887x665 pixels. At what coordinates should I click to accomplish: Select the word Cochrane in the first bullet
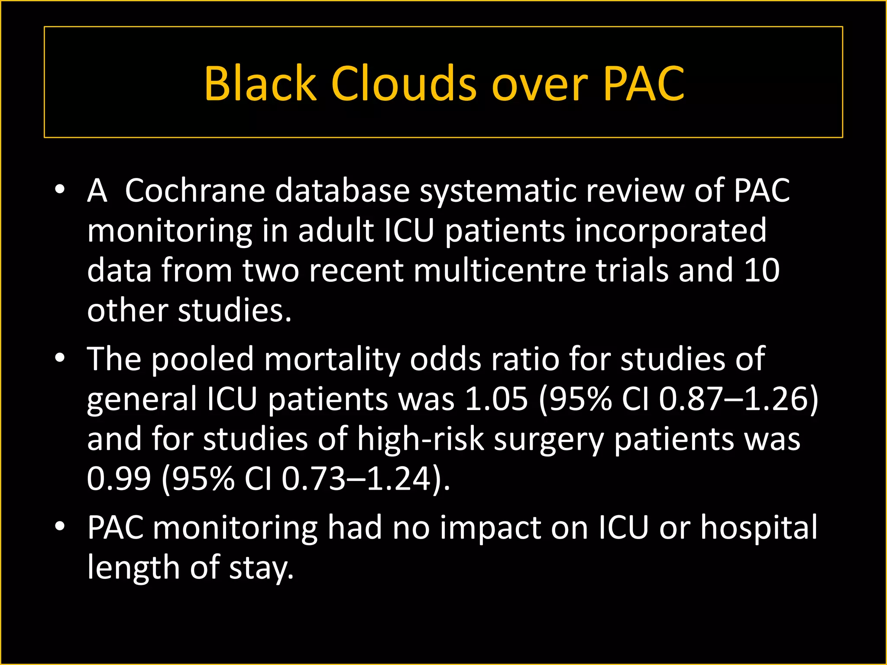(x=195, y=190)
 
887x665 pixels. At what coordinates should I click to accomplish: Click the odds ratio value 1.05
(x=496, y=399)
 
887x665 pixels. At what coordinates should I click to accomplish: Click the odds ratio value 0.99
(x=119, y=478)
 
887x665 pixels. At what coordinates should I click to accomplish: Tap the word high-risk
(x=420, y=439)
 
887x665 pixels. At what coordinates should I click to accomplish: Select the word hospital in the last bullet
(x=759, y=528)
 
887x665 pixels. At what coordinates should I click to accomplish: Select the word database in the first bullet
(x=342, y=190)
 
